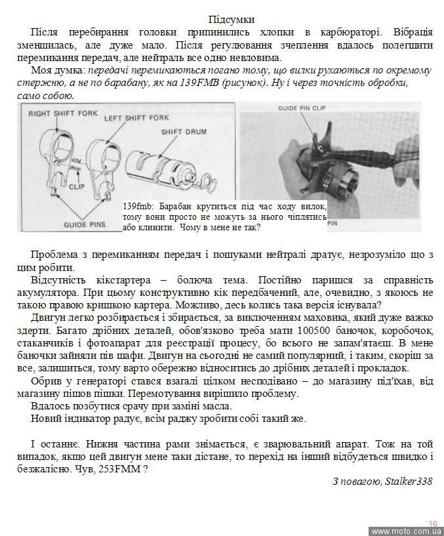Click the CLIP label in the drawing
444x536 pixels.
pyautogui.click(x=77, y=186)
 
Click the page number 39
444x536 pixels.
pyautogui.click(x=432, y=523)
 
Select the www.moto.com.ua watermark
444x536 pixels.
pyautogui.click(x=407, y=531)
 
